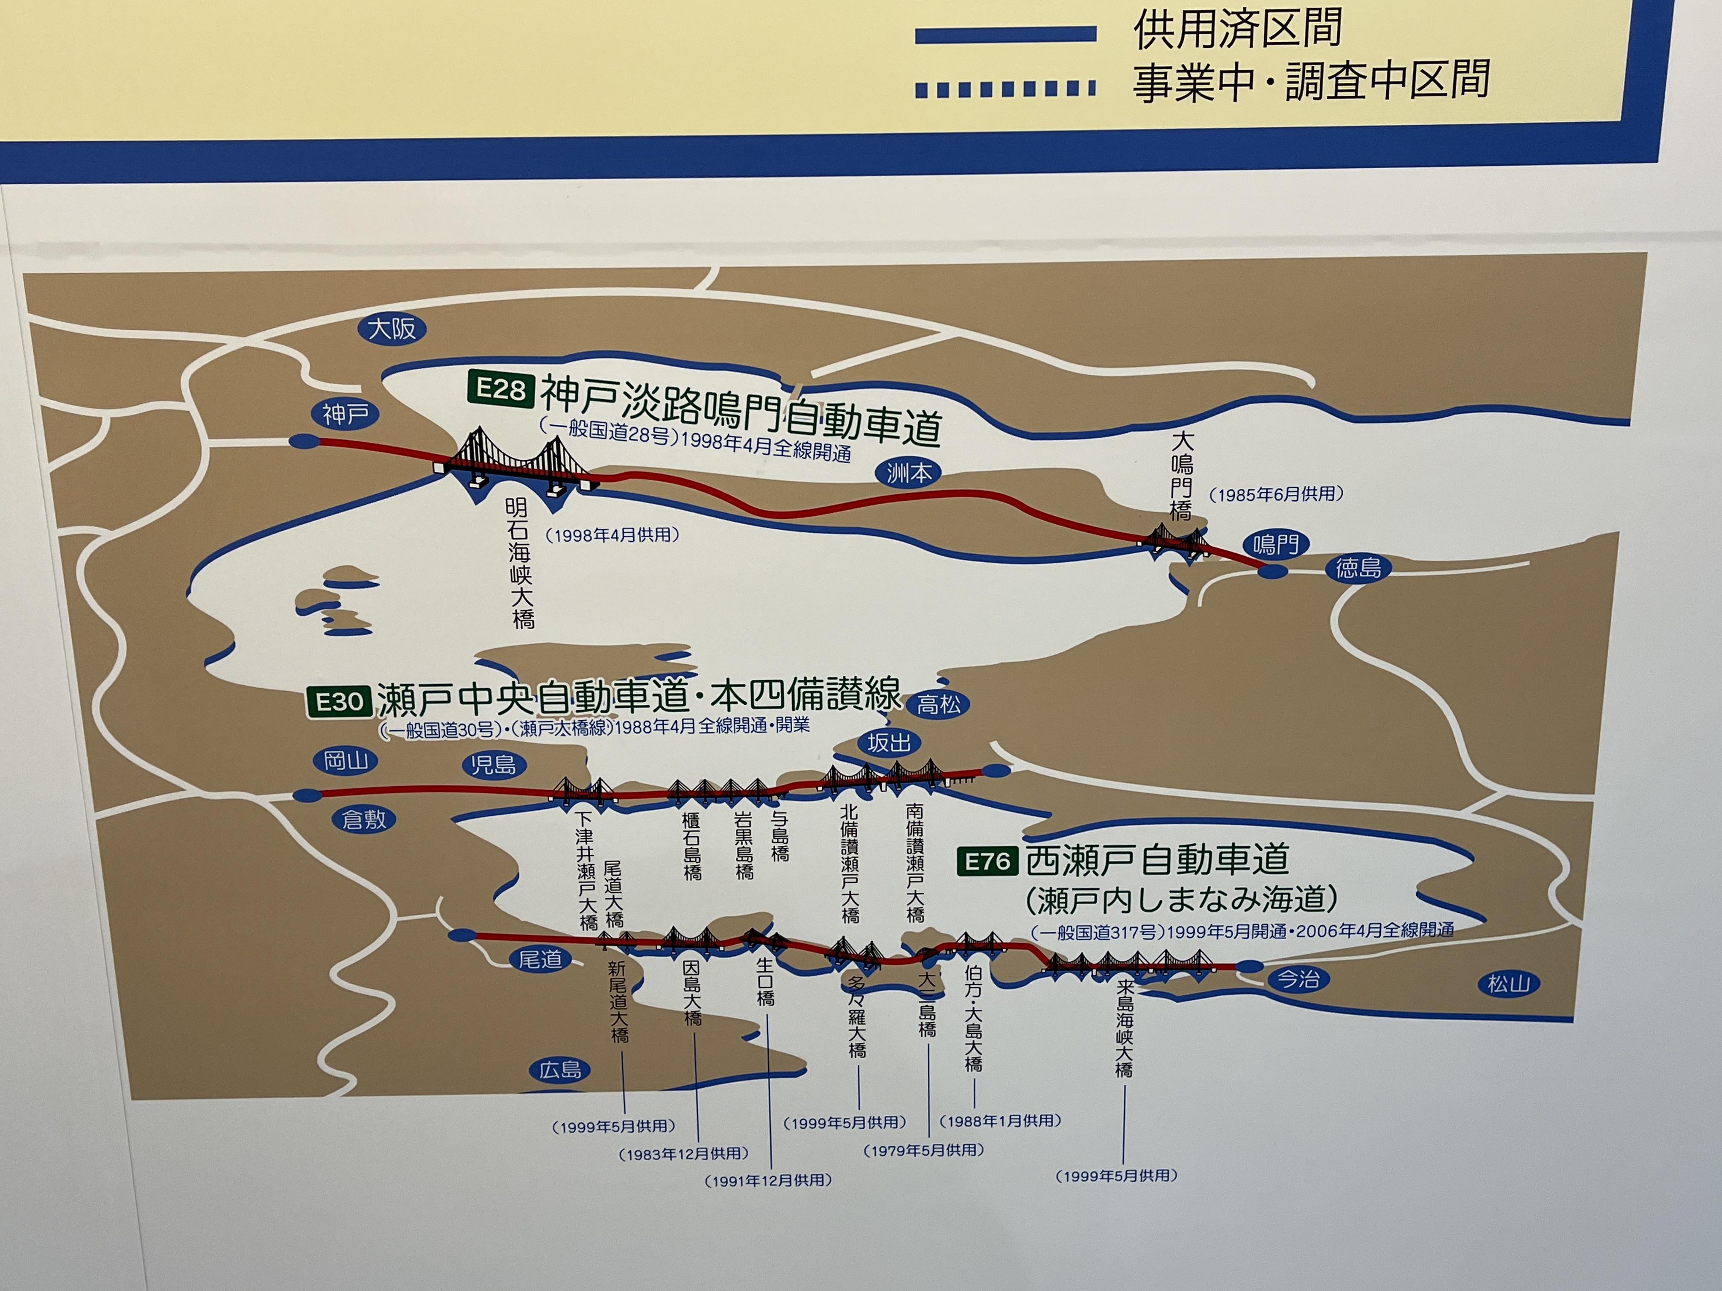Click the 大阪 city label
tap(392, 328)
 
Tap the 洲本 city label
tap(908, 472)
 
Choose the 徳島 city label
tap(1359, 568)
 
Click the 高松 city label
tap(939, 705)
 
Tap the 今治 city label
tap(1298, 979)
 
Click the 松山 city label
tap(1509, 984)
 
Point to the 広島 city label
tap(560, 1070)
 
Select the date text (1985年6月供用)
tap(1276, 494)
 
